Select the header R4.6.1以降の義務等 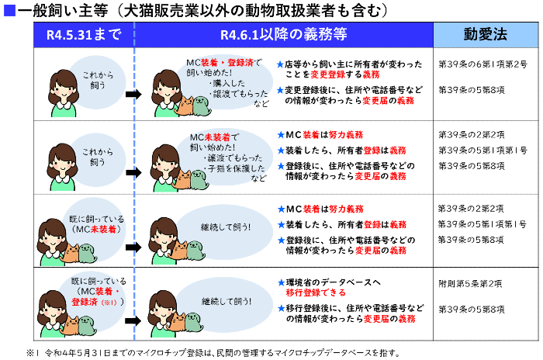pyautogui.click(x=283, y=36)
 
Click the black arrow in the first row pyautogui.click(x=133, y=95)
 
